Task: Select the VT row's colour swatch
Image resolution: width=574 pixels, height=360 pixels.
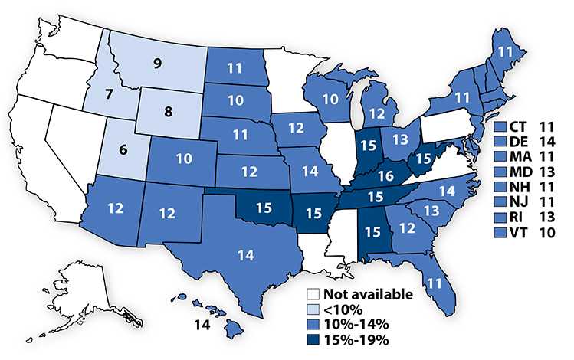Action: pos(500,231)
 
